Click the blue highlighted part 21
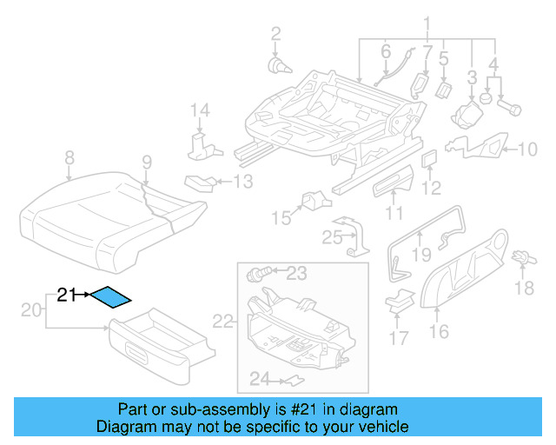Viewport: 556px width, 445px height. [111, 298]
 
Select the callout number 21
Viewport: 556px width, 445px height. [68, 295]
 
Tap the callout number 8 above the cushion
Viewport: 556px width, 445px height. [69, 158]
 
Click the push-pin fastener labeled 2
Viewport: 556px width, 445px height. [279, 64]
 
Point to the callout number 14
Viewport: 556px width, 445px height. [201, 110]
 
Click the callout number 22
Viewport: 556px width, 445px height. [224, 322]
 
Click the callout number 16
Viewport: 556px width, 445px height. [439, 330]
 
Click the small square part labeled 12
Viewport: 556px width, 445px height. [429, 159]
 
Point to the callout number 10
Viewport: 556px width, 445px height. [527, 149]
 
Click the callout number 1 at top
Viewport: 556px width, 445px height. [427, 23]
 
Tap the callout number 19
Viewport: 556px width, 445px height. [421, 254]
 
